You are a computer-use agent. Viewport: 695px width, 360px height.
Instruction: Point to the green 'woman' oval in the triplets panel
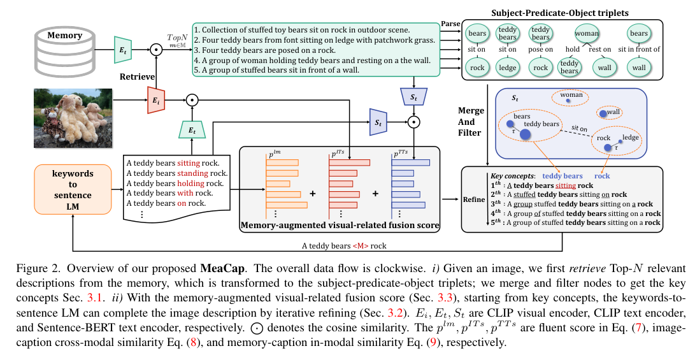pos(586,32)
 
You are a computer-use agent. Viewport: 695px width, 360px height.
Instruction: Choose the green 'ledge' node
pos(508,68)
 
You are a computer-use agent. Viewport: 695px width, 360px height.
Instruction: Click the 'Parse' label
pos(449,24)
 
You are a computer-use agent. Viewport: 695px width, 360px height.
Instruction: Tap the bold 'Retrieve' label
pos(138,76)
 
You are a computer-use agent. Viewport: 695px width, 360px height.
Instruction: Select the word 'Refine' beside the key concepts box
pos(473,199)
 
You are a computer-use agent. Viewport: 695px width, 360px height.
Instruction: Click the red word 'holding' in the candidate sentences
pos(191,183)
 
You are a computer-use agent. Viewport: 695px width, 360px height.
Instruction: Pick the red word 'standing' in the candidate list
pos(194,173)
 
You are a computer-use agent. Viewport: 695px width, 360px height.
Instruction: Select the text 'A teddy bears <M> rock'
pos(345,245)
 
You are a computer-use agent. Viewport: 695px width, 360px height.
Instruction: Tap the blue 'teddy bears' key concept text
pos(562,176)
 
